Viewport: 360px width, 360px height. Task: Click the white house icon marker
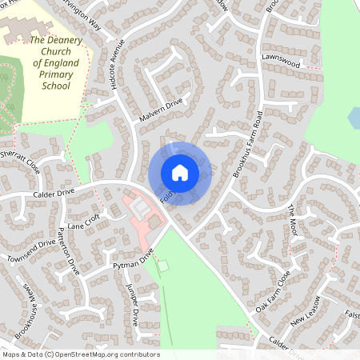click(180, 173)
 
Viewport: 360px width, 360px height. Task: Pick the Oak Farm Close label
click(273, 291)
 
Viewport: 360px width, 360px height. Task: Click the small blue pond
click(354, 118)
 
